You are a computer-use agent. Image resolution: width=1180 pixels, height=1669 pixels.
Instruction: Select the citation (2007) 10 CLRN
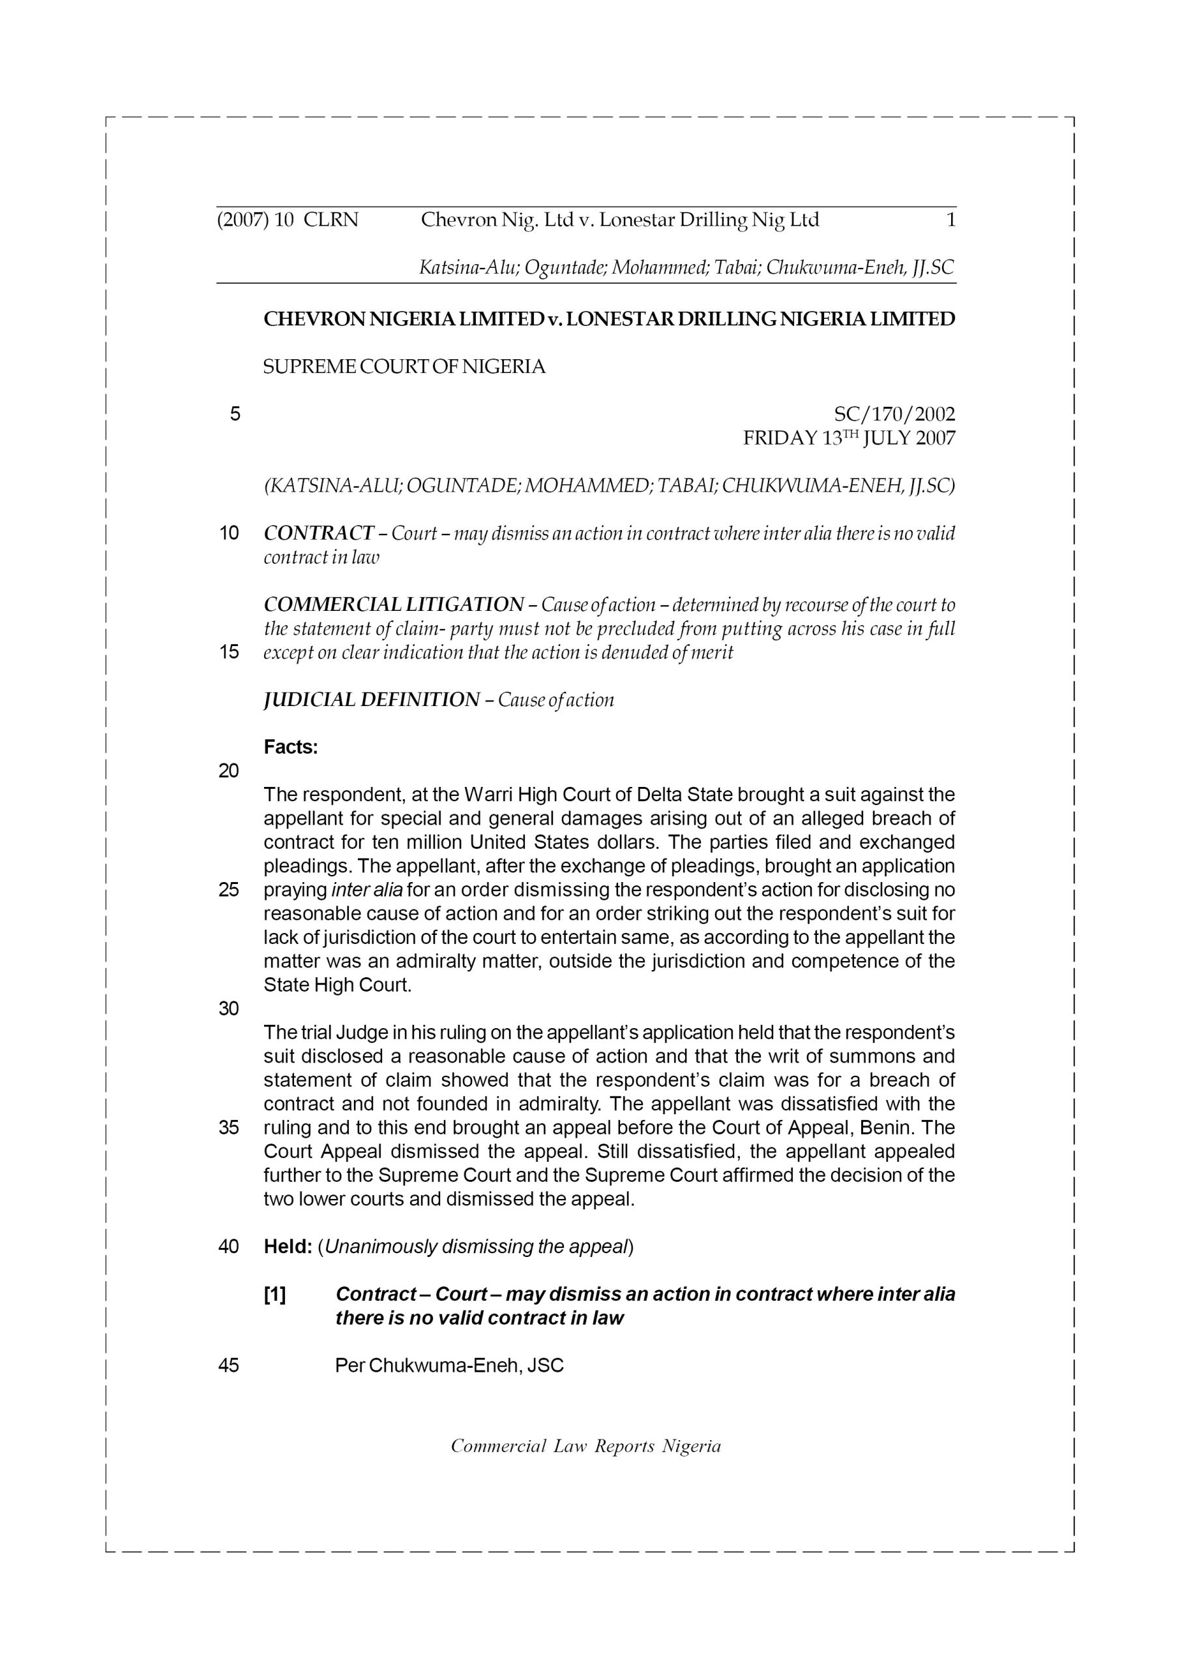click(x=288, y=220)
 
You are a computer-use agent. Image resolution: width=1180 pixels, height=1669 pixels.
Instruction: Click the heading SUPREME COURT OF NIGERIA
click(x=404, y=367)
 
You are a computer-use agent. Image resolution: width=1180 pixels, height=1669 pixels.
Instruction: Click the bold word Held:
click(x=288, y=1247)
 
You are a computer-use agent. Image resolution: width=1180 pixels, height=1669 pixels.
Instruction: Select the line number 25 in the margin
click(x=228, y=890)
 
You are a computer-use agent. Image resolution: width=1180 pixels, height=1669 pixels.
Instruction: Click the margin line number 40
click(x=228, y=1247)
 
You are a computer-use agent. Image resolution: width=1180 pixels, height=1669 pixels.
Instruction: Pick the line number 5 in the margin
click(x=235, y=415)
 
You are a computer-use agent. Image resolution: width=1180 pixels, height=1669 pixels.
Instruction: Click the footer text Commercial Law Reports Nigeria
click(x=585, y=1446)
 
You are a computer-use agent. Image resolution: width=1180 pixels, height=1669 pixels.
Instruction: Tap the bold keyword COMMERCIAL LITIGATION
click(x=393, y=605)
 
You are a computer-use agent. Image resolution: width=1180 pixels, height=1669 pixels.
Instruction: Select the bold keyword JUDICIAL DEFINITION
click(x=371, y=700)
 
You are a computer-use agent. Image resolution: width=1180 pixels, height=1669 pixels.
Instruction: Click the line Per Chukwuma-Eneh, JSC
click(x=449, y=1366)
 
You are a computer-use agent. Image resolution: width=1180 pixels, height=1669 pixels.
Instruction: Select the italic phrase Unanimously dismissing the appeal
click(x=475, y=1247)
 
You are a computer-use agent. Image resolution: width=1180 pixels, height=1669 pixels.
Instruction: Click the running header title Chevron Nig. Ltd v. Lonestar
click(x=619, y=220)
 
